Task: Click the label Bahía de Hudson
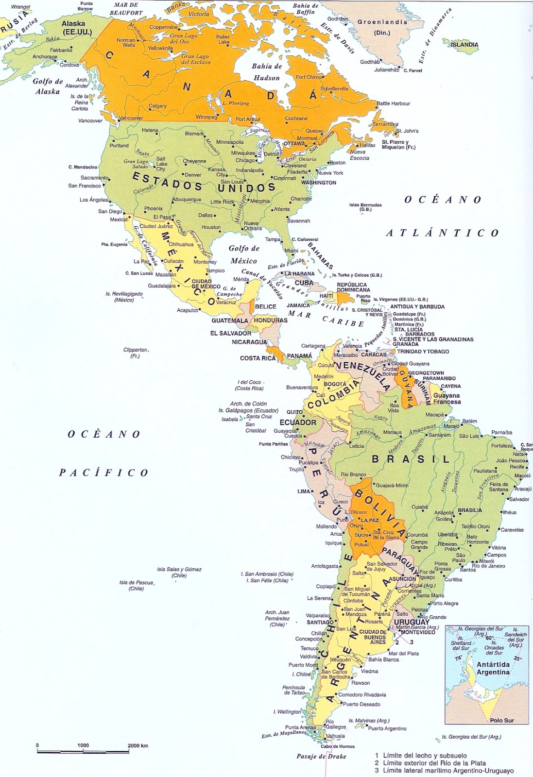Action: click(266, 72)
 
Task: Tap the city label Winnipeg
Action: click(206, 117)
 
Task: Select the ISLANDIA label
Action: click(464, 45)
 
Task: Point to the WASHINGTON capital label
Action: click(319, 183)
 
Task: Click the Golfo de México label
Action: click(244, 254)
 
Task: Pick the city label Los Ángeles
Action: click(94, 200)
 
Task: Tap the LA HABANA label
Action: click(300, 273)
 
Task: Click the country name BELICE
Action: click(266, 306)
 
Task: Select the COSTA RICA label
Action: click(258, 358)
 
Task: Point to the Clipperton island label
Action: click(135, 353)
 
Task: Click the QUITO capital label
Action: click(294, 412)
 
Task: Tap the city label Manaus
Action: click(393, 432)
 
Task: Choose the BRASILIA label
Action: click(470, 510)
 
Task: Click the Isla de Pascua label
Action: click(137, 585)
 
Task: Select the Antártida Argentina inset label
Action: click(493, 668)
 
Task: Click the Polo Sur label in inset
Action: click(501, 720)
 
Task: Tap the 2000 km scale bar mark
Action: click(138, 745)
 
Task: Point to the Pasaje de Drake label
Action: click(321, 756)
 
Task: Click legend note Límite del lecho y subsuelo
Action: click(425, 756)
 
